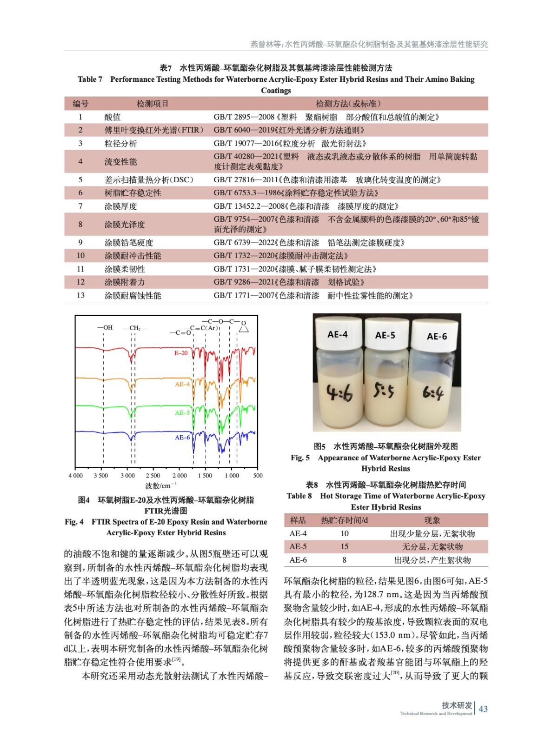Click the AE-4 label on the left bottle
(337, 334)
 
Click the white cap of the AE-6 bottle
(436, 334)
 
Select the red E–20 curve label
(181, 353)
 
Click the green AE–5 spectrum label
(182, 412)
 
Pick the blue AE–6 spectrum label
(182, 437)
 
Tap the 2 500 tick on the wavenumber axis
(153, 475)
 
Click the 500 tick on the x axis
(258, 475)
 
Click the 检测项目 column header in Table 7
(153, 104)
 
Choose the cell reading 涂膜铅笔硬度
(129, 243)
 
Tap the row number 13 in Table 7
(80, 295)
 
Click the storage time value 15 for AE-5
(344, 546)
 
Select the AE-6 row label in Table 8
(298, 560)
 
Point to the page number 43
(483, 709)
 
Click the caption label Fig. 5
(300, 458)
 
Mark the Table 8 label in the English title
(299, 496)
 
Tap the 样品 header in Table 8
(298, 520)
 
